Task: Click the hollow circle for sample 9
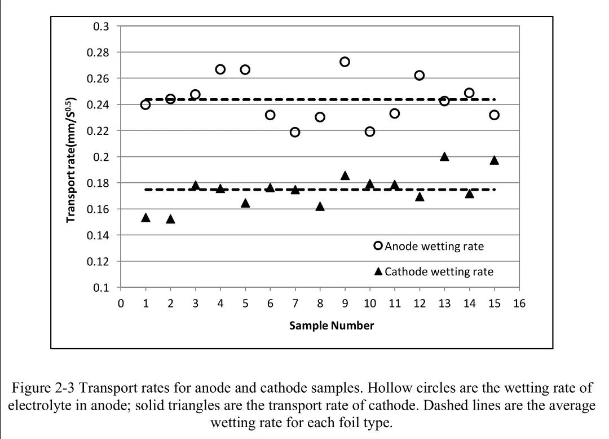[x=345, y=62]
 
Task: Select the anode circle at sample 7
[x=295, y=132]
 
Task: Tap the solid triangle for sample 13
[x=444, y=156]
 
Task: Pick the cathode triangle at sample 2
[x=170, y=219]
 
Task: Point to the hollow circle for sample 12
[x=420, y=75]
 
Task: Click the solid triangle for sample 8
[x=320, y=207]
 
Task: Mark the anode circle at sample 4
[x=220, y=69]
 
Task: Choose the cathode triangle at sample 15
[x=494, y=160]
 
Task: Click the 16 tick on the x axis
[x=519, y=304]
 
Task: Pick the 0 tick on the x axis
[x=121, y=304]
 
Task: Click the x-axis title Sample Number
[x=332, y=326]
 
